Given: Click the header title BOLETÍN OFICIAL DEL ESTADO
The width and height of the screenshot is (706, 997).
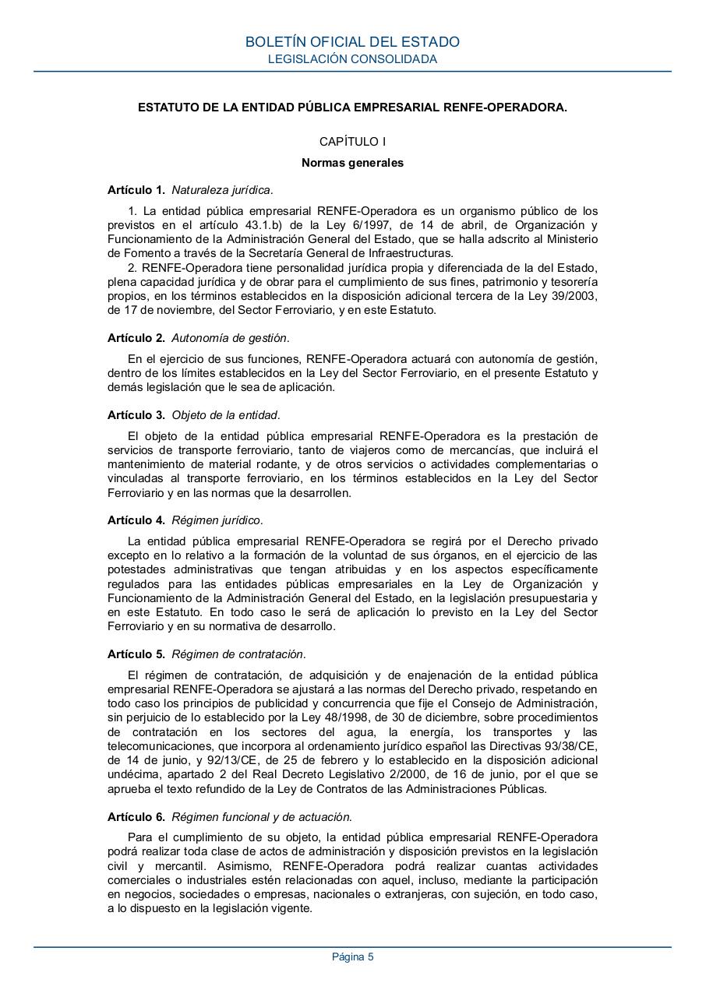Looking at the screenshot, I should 352,42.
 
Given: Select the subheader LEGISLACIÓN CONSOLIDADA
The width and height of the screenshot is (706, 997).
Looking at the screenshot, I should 352,59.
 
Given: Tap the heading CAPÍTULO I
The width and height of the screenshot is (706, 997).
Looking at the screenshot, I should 352,142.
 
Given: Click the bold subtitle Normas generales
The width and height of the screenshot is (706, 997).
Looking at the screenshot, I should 352,164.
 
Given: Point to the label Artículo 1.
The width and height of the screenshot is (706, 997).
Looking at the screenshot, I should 136,189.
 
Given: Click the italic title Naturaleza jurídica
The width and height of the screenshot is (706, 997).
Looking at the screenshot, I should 222,189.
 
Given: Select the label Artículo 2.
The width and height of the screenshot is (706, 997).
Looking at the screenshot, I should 136,338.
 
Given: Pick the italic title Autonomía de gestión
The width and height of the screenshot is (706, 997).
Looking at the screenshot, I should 230,338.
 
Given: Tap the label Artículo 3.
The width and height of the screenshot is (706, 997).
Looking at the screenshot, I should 136,415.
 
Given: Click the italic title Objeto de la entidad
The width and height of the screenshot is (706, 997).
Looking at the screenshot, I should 225,415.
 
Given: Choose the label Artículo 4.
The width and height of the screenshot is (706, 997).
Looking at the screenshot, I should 136,520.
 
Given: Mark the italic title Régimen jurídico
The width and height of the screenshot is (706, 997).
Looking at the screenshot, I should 217,520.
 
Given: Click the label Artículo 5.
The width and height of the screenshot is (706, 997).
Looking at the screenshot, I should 136,654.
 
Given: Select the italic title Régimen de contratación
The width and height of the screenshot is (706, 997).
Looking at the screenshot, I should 238,654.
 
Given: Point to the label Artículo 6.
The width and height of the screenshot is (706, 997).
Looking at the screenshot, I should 136,817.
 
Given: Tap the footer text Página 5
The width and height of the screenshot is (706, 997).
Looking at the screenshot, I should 352,957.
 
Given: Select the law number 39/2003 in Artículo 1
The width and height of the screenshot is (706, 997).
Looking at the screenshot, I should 574,296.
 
